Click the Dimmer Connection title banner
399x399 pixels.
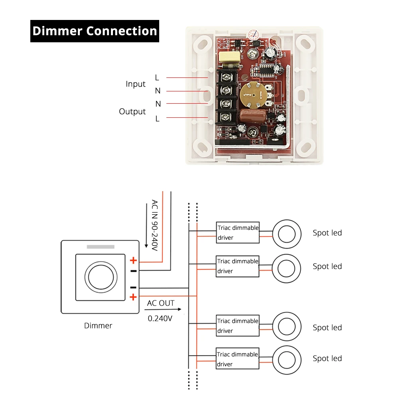click(x=95, y=31)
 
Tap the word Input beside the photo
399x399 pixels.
click(x=136, y=84)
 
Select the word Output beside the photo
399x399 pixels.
click(x=132, y=111)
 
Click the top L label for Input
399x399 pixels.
click(x=157, y=77)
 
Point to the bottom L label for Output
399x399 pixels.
click(x=157, y=119)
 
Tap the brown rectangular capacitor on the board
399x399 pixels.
click(x=251, y=117)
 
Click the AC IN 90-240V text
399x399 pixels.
click(x=154, y=225)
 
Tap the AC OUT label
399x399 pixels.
click(x=161, y=303)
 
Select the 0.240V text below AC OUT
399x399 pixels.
click(x=160, y=318)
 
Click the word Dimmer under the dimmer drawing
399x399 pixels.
click(x=98, y=326)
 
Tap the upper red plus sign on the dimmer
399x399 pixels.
click(x=133, y=261)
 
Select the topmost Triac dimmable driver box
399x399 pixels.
click(x=238, y=233)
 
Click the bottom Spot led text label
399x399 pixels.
click(x=327, y=358)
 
